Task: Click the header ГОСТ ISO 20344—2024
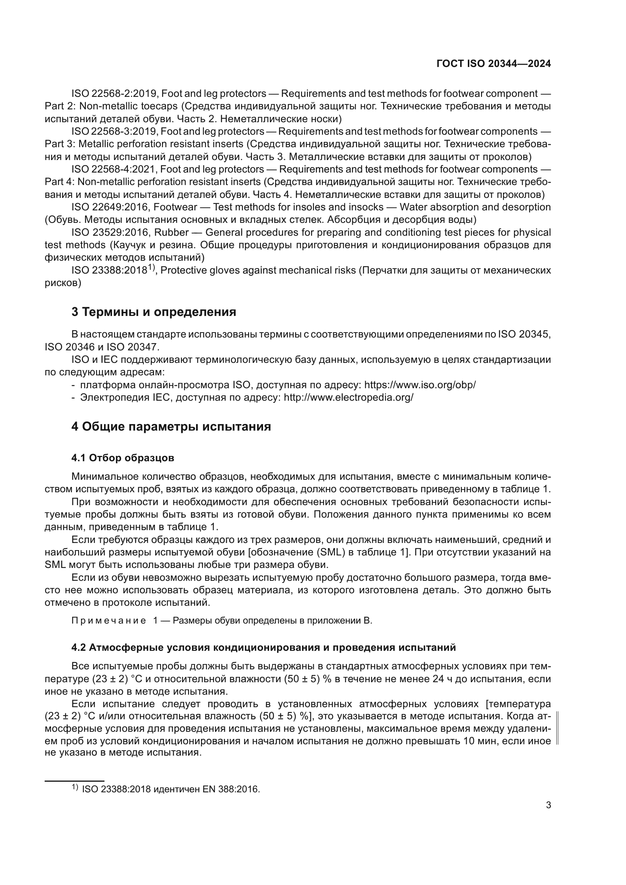click(494, 64)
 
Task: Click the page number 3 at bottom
click(548, 805)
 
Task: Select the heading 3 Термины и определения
click(153, 312)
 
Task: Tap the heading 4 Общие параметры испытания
click(171, 427)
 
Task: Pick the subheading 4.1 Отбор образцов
click(123, 458)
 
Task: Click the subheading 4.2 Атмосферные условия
click(263, 647)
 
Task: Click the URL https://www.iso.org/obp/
click(420, 385)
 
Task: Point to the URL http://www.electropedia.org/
click(348, 397)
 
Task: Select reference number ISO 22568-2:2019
click(114, 94)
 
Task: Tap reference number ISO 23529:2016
click(111, 232)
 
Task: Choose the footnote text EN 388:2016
click(231, 789)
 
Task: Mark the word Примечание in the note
click(109, 621)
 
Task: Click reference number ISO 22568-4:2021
click(114, 169)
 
